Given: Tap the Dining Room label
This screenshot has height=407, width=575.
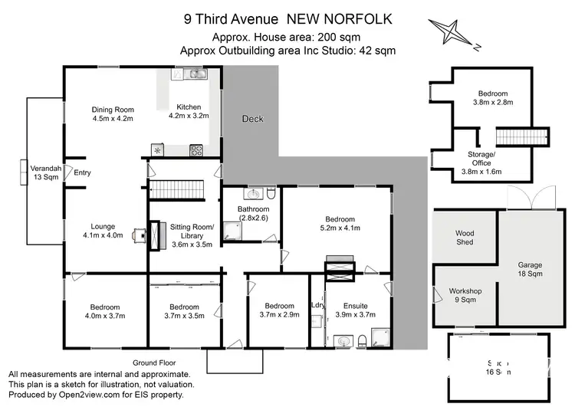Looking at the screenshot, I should (x=113, y=114).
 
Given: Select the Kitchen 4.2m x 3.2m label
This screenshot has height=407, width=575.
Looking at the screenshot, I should (x=189, y=111).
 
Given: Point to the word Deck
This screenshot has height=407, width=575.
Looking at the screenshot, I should (x=252, y=119).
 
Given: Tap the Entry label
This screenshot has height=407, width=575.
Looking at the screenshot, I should (x=82, y=172).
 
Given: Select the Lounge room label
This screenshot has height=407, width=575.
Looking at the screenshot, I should (x=102, y=231).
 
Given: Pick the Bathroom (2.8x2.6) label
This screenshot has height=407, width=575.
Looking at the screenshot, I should (x=253, y=214).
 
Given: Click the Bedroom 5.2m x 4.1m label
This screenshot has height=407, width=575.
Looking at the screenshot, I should (x=340, y=223).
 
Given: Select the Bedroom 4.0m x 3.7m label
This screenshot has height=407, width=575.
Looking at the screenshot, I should (x=102, y=310).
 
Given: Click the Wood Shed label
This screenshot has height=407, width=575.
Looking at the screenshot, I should (x=465, y=237).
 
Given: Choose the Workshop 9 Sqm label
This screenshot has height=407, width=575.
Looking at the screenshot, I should (x=466, y=296).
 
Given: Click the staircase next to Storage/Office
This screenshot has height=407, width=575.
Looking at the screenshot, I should (x=521, y=137).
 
